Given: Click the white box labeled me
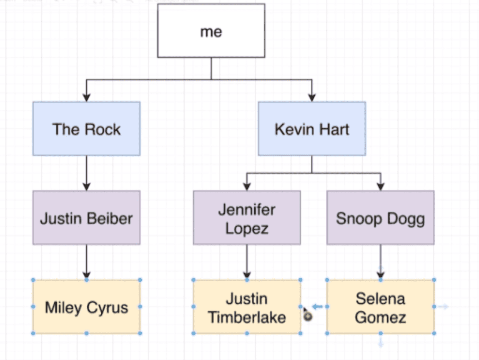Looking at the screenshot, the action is [211, 30].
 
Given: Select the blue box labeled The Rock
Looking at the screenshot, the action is [86, 129].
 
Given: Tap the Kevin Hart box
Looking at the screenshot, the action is [311, 129].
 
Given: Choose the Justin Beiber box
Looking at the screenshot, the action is [86, 218].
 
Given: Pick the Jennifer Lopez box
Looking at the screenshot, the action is [247, 218].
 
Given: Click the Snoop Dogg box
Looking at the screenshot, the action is [380, 218].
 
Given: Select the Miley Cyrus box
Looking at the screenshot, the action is [86, 307].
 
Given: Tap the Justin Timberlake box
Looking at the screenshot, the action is [247, 307].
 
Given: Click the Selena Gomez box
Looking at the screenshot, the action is [380, 307].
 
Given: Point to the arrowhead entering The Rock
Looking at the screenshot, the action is [86, 97].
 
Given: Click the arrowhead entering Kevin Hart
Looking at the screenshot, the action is [311, 97].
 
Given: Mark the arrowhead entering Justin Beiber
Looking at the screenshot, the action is [86, 186].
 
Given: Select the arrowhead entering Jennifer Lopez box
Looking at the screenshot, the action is [247, 186].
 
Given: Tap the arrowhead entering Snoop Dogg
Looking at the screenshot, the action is [380, 186].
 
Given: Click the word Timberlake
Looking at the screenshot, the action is [247, 317].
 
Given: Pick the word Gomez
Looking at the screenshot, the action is [380, 317].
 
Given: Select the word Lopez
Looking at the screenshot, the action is [247, 229].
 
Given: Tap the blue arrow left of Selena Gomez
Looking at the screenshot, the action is [317, 307].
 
